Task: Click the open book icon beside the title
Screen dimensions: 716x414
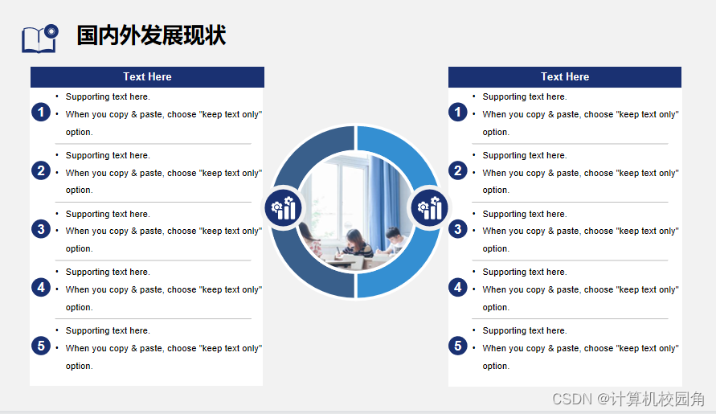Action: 39,39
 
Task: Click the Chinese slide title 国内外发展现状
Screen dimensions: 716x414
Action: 151,35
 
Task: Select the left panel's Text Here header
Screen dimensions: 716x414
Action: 147,76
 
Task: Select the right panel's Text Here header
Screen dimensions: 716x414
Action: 565,76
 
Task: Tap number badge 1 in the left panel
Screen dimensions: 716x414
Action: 41,112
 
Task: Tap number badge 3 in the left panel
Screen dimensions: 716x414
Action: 41,229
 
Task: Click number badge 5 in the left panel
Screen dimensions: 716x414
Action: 41,346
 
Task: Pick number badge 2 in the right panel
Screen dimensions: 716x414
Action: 458,170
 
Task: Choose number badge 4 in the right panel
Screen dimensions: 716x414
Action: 458,288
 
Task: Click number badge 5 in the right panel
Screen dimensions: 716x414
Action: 458,346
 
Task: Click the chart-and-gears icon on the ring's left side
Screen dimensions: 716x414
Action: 283,208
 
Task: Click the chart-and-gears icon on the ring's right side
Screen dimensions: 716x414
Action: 429,208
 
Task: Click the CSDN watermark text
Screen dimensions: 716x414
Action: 628,399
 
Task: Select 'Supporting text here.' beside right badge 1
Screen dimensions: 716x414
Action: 525,97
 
